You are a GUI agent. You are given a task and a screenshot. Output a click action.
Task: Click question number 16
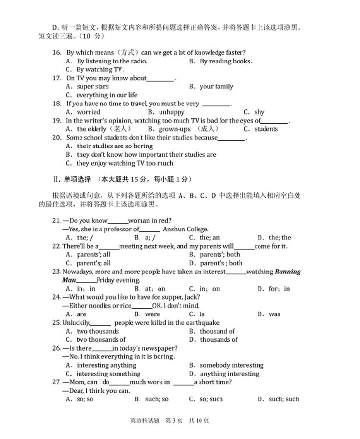point(57,53)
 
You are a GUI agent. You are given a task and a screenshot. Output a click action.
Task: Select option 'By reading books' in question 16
point(226,61)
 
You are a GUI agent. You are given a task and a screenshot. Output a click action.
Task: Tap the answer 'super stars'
point(93,87)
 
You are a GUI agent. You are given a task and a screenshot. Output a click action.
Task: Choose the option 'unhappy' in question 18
point(172,112)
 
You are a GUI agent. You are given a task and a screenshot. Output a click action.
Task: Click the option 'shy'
point(260,112)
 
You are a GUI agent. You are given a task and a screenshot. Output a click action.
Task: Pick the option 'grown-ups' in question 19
point(175,129)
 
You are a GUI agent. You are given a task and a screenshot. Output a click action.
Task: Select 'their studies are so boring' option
point(115,146)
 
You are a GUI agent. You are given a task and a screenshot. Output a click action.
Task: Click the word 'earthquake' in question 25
point(203,323)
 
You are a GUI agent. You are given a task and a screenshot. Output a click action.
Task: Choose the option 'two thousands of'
point(101,340)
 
